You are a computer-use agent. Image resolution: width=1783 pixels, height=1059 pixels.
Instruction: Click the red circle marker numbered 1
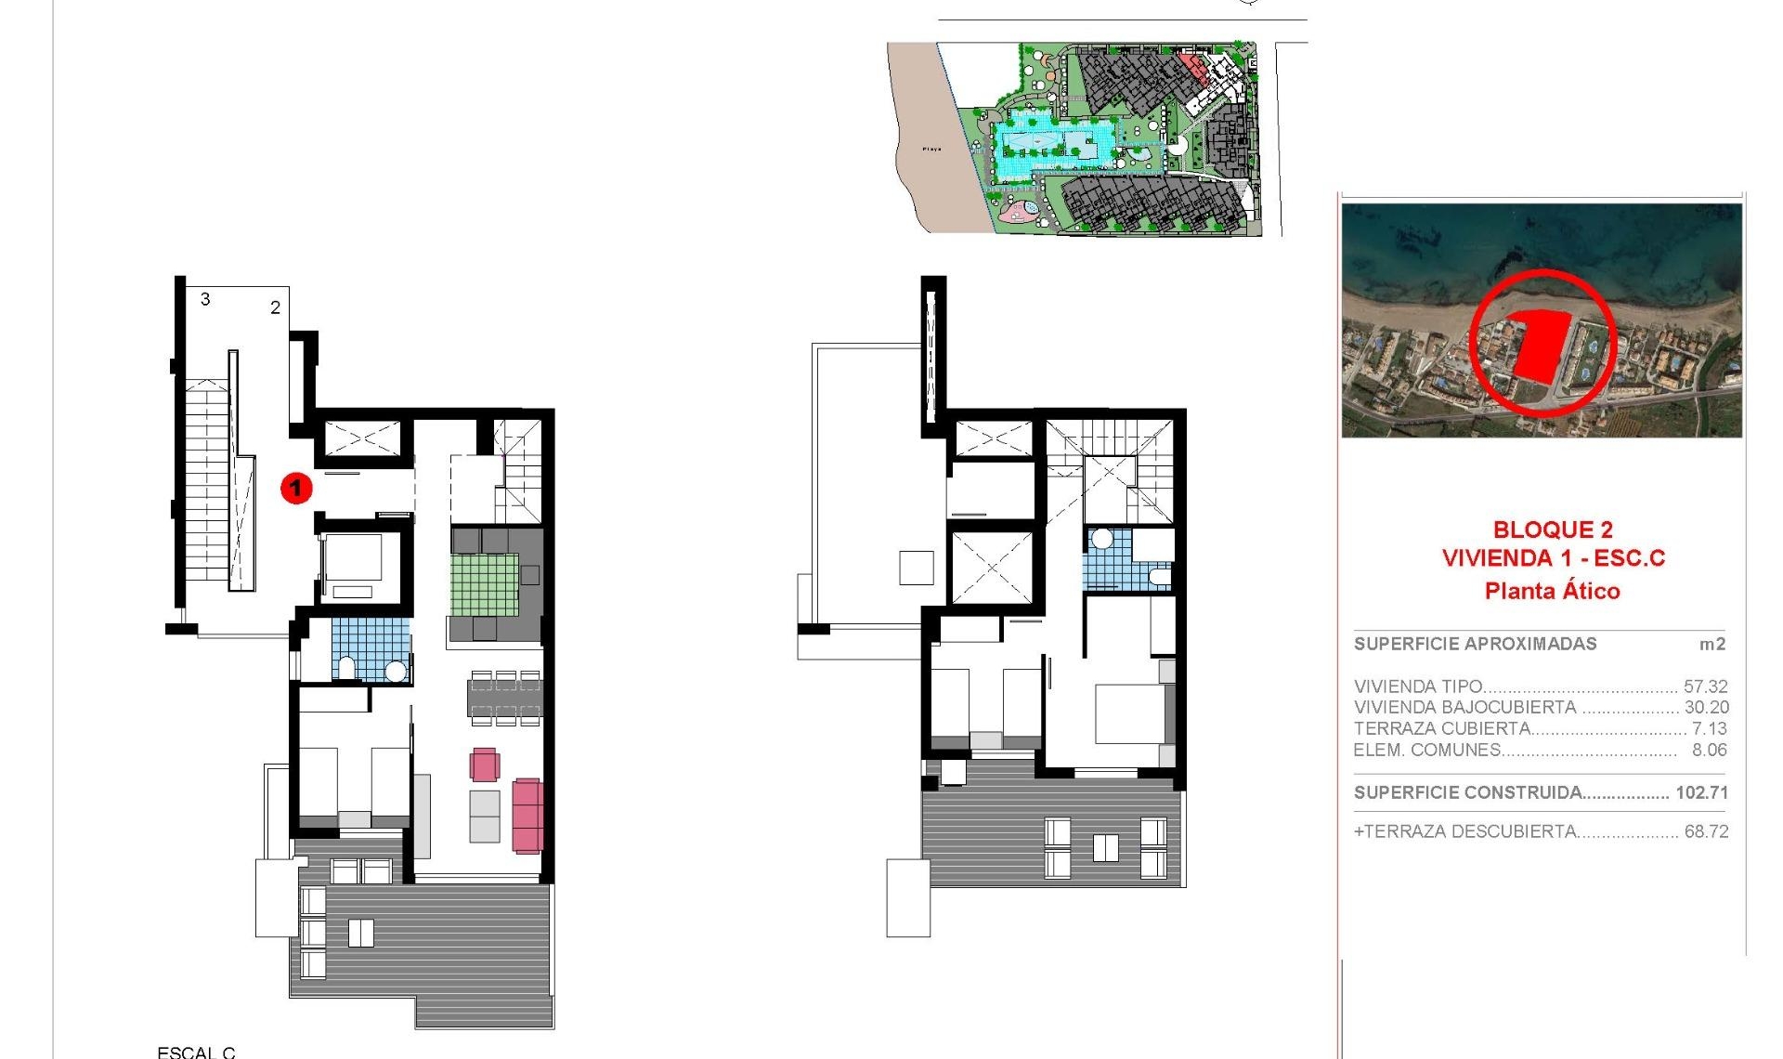coord(296,488)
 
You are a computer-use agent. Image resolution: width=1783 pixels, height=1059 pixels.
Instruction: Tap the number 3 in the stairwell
coord(205,299)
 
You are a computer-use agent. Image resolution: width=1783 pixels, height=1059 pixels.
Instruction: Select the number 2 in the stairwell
coord(275,307)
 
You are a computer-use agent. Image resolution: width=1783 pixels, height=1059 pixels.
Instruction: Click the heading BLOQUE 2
coord(1553,529)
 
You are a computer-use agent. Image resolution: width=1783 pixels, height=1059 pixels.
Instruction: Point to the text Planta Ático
coord(1552,591)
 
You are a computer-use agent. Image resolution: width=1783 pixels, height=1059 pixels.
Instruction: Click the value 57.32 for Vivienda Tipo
coord(1705,686)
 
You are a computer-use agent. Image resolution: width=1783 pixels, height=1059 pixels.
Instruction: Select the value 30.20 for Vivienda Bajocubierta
coord(1706,707)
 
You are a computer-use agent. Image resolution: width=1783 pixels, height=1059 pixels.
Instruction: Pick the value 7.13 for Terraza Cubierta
coord(1709,728)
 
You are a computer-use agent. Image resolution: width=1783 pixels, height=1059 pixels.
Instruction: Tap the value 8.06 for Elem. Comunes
coord(1709,750)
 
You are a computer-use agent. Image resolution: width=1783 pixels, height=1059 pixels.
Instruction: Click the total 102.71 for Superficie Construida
coord(1701,792)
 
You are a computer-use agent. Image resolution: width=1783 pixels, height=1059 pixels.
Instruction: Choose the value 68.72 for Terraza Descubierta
coord(1706,831)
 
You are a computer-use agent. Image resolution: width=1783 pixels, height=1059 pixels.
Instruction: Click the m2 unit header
coord(1711,644)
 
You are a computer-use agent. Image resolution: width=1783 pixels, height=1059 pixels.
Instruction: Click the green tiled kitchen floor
coord(484,584)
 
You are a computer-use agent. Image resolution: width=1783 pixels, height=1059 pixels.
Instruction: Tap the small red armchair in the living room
coord(484,765)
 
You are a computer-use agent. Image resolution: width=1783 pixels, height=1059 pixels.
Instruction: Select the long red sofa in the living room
coord(527,815)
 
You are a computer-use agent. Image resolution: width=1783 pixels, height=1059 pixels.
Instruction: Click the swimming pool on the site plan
coord(1049,145)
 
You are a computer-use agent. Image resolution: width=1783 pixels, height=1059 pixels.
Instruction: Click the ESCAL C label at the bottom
coord(196,1052)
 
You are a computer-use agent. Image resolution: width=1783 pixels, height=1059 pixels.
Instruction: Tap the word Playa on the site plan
coord(931,149)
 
